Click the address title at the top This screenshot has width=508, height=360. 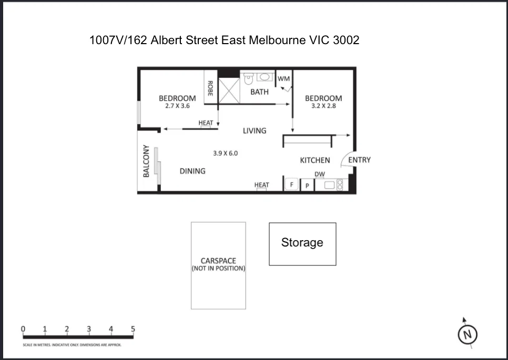click(225, 40)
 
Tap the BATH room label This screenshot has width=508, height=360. click(259, 92)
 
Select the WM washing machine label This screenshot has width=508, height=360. click(284, 78)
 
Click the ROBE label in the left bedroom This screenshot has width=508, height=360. click(210, 88)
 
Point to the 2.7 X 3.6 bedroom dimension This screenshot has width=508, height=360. click(177, 106)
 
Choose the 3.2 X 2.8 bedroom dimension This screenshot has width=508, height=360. click(323, 106)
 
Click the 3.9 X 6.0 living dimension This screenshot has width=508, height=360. click(226, 153)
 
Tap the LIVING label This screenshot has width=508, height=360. click(255, 130)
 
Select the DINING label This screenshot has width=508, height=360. click(192, 171)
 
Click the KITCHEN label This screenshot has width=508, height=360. click(315, 160)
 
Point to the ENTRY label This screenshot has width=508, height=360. click(359, 160)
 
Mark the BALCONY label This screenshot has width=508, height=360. click(147, 161)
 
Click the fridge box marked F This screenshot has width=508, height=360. click(292, 185)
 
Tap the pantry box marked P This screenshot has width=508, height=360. click(307, 186)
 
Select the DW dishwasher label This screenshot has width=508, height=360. click(320, 174)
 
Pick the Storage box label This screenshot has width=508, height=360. click(302, 242)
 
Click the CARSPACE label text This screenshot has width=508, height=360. click(218, 261)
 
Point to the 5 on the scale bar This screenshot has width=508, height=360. click(133, 329)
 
